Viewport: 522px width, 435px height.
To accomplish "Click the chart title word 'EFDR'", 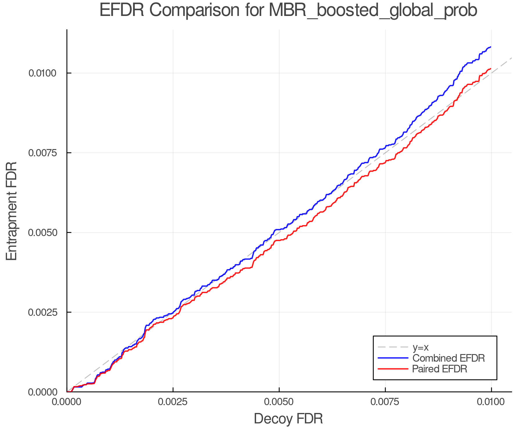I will [x=122, y=10].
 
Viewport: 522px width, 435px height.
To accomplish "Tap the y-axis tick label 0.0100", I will [x=42, y=73].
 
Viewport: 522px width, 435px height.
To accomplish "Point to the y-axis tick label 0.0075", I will [x=42, y=153].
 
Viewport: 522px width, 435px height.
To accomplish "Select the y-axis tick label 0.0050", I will [x=42, y=233].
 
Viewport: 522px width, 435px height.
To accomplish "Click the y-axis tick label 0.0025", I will [x=42, y=312].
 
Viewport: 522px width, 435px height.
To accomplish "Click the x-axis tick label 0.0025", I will [x=173, y=402].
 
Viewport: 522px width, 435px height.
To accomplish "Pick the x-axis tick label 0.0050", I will [x=279, y=402].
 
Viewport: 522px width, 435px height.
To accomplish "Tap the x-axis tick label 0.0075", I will [x=385, y=402].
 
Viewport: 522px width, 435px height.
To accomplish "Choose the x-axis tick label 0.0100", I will [x=491, y=402].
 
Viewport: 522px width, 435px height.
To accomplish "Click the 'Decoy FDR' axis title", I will [x=288, y=419].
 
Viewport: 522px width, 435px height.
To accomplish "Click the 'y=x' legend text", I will [x=420, y=347].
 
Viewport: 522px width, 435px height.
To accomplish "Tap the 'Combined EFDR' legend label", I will [x=448, y=358].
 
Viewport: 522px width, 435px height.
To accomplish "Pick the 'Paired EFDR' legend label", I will [x=440, y=369].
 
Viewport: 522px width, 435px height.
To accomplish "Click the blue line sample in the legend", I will [x=393, y=358].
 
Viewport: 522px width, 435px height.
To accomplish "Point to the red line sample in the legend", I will [x=393, y=369].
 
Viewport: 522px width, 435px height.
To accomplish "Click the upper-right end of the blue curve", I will [x=491, y=47].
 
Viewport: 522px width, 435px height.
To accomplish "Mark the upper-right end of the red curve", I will [x=491, y=69].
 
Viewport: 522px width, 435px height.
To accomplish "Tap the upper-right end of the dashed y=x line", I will [x=511, y=58].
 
